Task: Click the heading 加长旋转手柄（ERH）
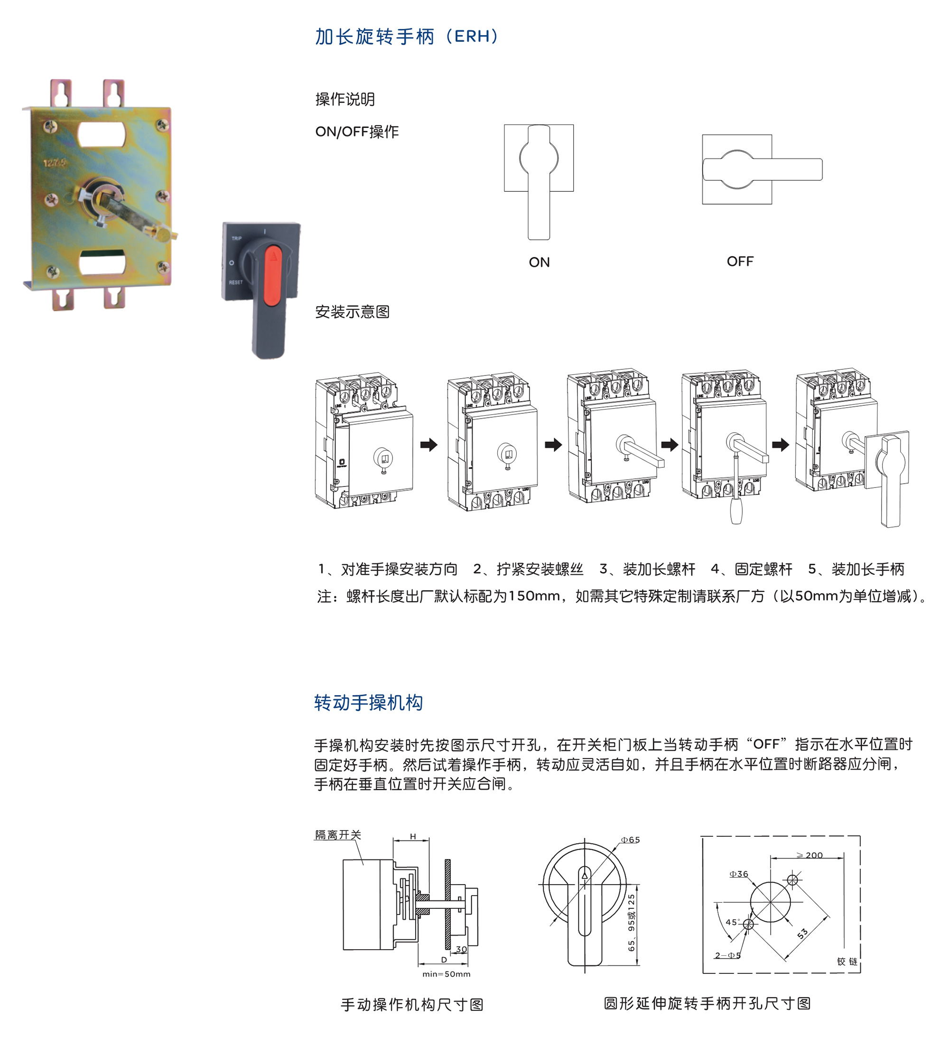407,37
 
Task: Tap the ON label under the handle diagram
539,262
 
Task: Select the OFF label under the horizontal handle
740,261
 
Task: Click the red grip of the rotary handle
273,276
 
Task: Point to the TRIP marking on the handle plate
237,238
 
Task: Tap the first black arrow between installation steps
428,445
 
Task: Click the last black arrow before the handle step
781,445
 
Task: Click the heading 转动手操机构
368,702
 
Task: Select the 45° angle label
733,922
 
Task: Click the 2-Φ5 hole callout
727,955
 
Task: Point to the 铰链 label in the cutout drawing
847,961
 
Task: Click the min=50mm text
447,973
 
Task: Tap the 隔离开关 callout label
338,834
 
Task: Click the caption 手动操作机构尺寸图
412,1004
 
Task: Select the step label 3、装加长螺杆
647,569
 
